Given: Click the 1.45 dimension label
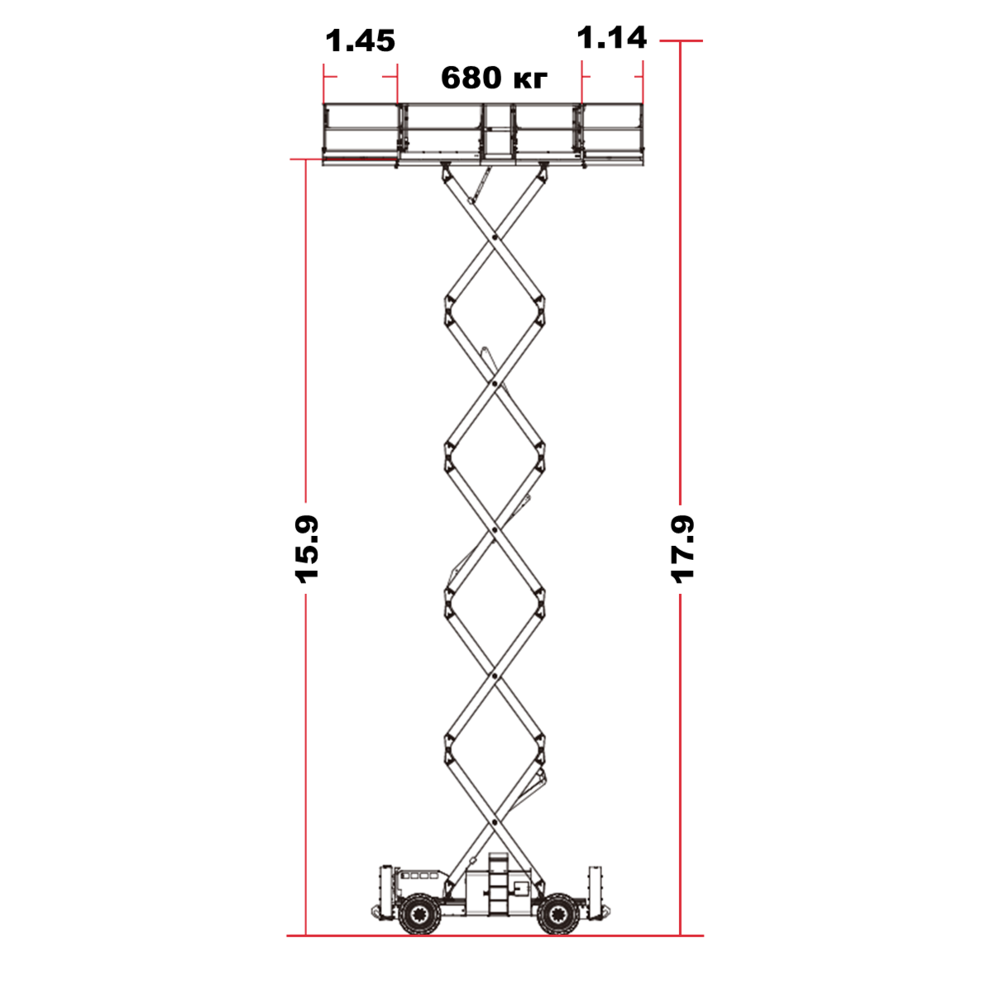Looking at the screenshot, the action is tap(361, 41).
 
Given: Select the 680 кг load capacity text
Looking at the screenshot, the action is tap(495, 78).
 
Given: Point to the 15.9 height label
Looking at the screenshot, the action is tap(307, 549).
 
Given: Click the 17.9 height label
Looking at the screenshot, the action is tap(682, 549).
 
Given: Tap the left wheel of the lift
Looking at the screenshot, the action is tap(419, 914).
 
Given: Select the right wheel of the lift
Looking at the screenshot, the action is tap(557, 914).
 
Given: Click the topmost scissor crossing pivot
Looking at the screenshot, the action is tap(495, 237).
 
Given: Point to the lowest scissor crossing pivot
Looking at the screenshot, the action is tap(495, 822).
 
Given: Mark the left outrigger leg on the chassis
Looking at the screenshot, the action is tap(386, 892).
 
